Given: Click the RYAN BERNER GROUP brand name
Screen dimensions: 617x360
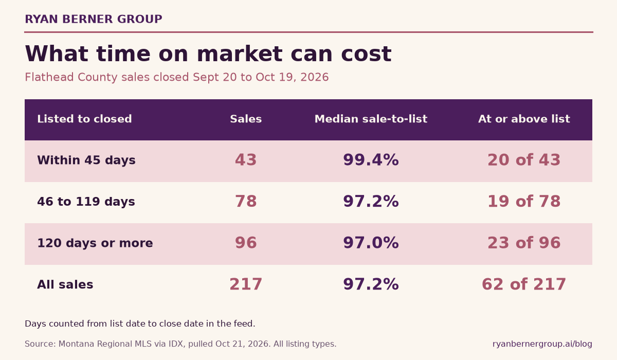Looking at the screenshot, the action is pos(94,19).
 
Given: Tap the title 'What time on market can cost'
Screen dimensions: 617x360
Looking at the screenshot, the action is pos(208,53).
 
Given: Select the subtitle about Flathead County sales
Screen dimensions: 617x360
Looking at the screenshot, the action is pos(176,77).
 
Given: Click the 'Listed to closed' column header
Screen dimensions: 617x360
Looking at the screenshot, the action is pos(84,119).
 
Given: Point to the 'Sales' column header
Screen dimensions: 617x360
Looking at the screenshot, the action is pos(246,119).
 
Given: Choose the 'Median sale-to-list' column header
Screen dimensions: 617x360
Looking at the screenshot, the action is pos(371,119).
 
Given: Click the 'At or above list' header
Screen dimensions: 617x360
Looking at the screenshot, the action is pos(524,119).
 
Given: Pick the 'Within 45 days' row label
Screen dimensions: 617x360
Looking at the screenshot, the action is pos(86,160).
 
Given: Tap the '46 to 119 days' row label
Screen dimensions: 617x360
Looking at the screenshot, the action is pos(86,202).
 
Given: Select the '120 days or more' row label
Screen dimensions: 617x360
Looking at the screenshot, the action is pos(95,243).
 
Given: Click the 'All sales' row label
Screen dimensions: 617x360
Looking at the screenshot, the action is pos(65,284).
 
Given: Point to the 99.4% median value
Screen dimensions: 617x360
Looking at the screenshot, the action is pos(371,160).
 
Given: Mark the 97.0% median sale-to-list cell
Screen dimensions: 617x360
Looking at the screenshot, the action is pos(371,243).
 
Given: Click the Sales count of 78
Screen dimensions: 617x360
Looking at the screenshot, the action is pos(246,202).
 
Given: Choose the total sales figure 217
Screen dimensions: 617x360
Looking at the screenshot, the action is pos(246,284).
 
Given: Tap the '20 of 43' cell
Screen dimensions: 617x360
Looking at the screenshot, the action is pos(524,160).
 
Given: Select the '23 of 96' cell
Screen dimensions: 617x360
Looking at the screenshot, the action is pos(524,243).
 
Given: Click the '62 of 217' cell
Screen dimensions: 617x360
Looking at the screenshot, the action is pos(524,284).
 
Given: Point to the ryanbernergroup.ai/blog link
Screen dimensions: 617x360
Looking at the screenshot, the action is pos(542,344).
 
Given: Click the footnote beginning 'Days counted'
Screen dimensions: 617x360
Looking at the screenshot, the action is pos(140,323).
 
